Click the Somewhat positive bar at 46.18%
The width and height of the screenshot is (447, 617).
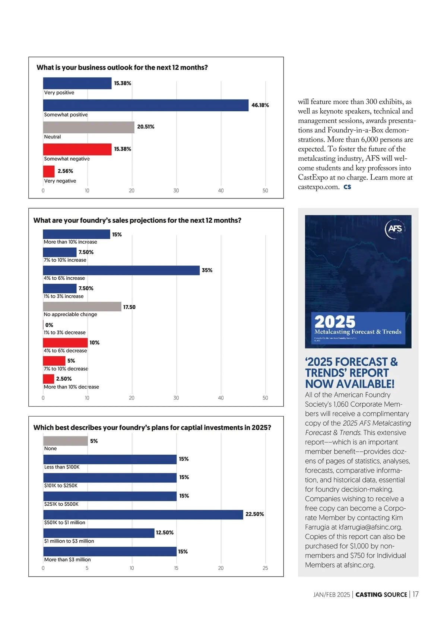point(146,105)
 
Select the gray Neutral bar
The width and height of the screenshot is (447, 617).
point(89,127)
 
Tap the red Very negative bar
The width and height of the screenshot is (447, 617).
point(49,171)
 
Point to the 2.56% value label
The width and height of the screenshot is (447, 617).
point(65,171)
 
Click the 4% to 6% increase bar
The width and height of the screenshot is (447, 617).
point(121,270)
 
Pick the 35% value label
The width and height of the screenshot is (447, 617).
point(207,270)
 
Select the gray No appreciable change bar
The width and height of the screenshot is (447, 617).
point(82,306)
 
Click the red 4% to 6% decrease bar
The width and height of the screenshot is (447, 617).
point(65,343)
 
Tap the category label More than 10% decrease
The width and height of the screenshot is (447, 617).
point(72,387)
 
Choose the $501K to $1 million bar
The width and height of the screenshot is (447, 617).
point(143,515)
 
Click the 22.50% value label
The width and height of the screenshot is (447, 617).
point(255,514)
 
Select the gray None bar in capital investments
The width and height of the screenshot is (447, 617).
point(66,441)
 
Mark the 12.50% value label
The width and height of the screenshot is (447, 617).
point(165,533)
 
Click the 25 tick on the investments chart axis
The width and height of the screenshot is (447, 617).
point(265,568)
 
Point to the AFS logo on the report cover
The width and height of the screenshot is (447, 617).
point(395,228)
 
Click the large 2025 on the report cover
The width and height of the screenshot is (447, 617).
point(335,322)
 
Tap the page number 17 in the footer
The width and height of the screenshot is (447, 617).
point(415,594)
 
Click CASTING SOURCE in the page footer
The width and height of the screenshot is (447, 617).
point(381,595)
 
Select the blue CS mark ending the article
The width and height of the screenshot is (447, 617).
point(347,187)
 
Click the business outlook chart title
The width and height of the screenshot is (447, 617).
point(122,67)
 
